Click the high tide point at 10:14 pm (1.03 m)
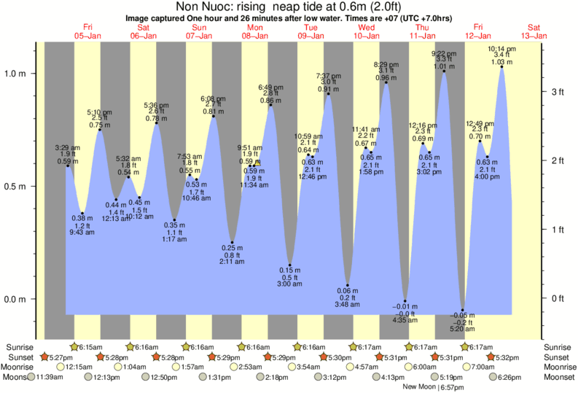tap(502, 66)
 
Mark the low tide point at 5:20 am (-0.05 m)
tap(462, 310)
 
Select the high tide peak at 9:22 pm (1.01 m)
tap(444, 71)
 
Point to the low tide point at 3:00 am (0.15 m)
tap(290, 265)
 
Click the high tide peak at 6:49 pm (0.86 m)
tap(271, 105)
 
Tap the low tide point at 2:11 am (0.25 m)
tap(233, 243)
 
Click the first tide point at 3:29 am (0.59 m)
tap(67, 166)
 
